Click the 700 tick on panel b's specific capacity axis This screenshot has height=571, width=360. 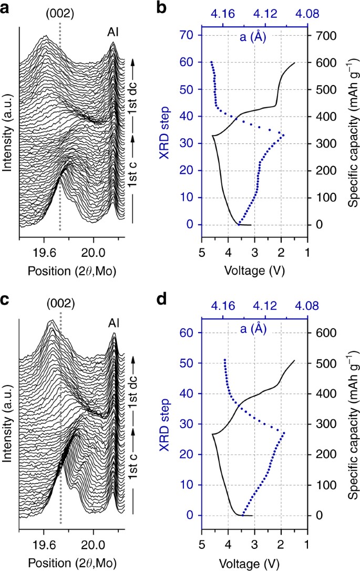(324, 35)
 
